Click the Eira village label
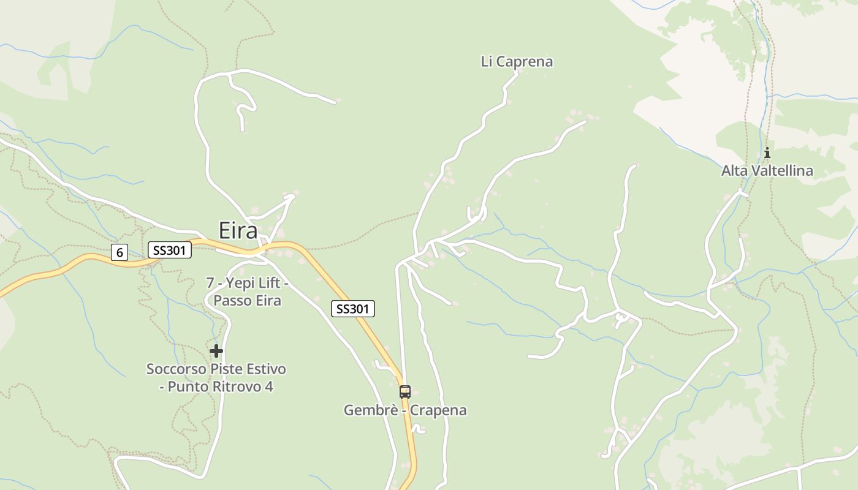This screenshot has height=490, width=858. pyautogui.click(x=238, y=231)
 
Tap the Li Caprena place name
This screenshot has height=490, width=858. pyautogui.click(x=517, y=61)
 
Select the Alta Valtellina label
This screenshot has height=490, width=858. pyautogui.click(x=767, y=170)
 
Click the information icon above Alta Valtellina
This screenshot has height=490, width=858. pyautogui.click(x=767, y=153)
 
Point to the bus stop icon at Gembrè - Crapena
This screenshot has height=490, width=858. pyautogui.click(x=404, y=392)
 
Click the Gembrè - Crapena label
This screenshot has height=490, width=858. pyautogui.click(x=404, y=410)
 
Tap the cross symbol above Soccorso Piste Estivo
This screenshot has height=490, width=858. pyautogui.click(x=216, y=351)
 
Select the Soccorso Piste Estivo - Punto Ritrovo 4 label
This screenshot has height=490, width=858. pyautogui.click(x=216, y=378)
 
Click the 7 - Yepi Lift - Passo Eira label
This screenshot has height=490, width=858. pyautogui.click(x=247, y=292)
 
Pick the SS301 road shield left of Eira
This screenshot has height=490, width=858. pyautogui.click(x=170, y=250)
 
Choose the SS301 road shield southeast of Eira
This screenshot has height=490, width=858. pyautogui.click(x=352, y=309)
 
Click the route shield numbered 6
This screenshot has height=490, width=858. pyautogui.click(x=120, y=252)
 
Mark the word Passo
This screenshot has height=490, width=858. pyautogui.click(x=230, y=301)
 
